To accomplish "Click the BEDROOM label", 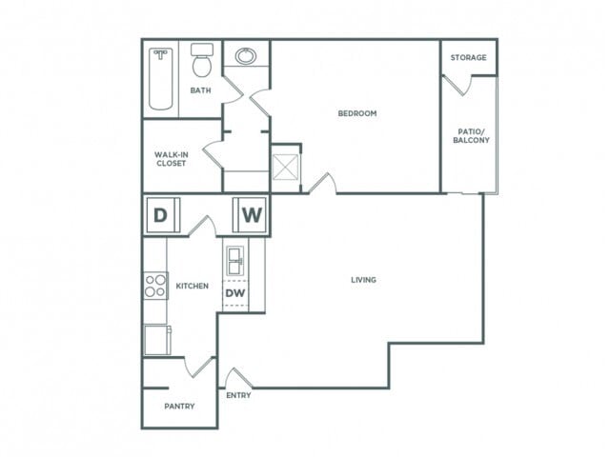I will click(357, 113).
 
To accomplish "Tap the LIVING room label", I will click(363, 280).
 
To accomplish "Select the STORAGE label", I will click(469, 58).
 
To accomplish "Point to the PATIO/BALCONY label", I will click(471, 134).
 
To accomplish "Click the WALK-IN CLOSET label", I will click(172, 158).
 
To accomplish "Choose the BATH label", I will click(200, 91).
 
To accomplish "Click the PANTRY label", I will click(179, 407).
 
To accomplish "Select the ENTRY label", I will click(238, 395).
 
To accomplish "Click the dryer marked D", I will click(160, 215).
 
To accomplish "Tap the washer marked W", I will click(251, 215).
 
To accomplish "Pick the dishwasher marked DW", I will click(234, 294).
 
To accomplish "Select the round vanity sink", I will click(246, 56).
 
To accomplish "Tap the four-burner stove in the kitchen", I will click(155, 286).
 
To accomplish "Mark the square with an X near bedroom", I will click(285, 167).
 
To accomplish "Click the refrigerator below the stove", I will click(156, 339).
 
